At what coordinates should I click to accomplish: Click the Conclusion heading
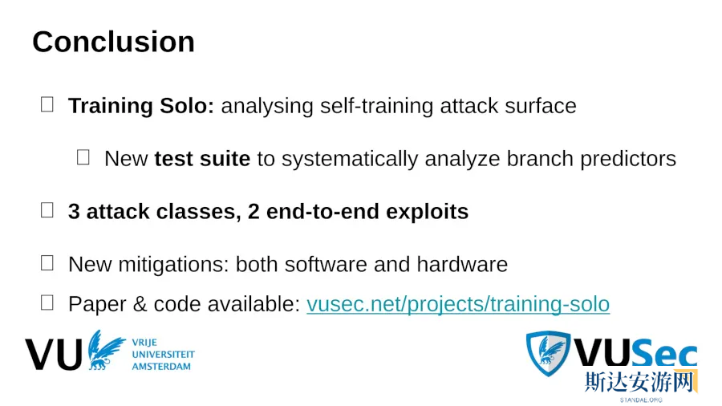pyautogui.click(x=113, y=42)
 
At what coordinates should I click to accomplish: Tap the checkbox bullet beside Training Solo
pyautogui.click(x=47, y=104)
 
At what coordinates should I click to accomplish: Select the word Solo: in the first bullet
pyautogui.click(x=187, y=106)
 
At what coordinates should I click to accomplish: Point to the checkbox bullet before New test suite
pyautogui.click(x=83, y=157)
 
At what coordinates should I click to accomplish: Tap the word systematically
pyautogui.click(x=350, y=159)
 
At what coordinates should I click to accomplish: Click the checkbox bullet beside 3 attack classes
pyautogui.click(x=47, y=210)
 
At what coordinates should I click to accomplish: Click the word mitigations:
pyautogui.click(x=173, y=265)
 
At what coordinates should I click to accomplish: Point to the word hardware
pyautogui.click(x=462, y=265)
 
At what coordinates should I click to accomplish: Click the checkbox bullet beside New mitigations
pyautogui.click(x=47, y=263)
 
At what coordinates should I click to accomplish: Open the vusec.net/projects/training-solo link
pyautogui.click(x=458, y=304)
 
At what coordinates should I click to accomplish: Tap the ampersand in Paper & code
pyautogui.click(x=140, y=304)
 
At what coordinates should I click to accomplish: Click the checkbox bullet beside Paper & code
pyautogui.click(x=47, y=302)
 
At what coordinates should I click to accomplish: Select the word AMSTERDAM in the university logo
pyautogui.click(x=161, y=367)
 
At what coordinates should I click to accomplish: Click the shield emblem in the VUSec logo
pyautogui.click(x=548, y=353)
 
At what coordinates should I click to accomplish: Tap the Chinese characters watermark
pyautogui.click(x=639, y=382)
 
